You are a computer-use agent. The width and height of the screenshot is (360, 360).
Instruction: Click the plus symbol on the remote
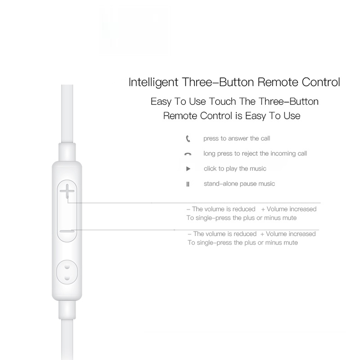click(67, 191)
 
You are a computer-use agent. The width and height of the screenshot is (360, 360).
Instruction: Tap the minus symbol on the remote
click(67, 231)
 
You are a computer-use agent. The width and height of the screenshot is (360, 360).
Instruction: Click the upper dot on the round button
click(67, 267)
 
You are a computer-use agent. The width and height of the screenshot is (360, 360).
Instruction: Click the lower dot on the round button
click(67, 278)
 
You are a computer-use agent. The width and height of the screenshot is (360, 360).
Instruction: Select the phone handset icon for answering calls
click(188, 139)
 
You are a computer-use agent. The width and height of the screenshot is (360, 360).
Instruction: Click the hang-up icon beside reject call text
click(188, 154)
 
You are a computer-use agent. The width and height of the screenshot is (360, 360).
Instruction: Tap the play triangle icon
click(188, 169)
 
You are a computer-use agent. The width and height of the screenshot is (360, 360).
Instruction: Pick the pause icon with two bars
click(188, 184)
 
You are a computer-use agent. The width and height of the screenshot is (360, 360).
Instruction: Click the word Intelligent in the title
click(153, 82)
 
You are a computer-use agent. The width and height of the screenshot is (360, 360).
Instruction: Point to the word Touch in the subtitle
click(222, 102)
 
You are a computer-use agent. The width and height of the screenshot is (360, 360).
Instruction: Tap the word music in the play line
click(258, 169)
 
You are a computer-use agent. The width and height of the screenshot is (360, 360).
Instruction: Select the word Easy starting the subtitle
click(161, 102)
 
